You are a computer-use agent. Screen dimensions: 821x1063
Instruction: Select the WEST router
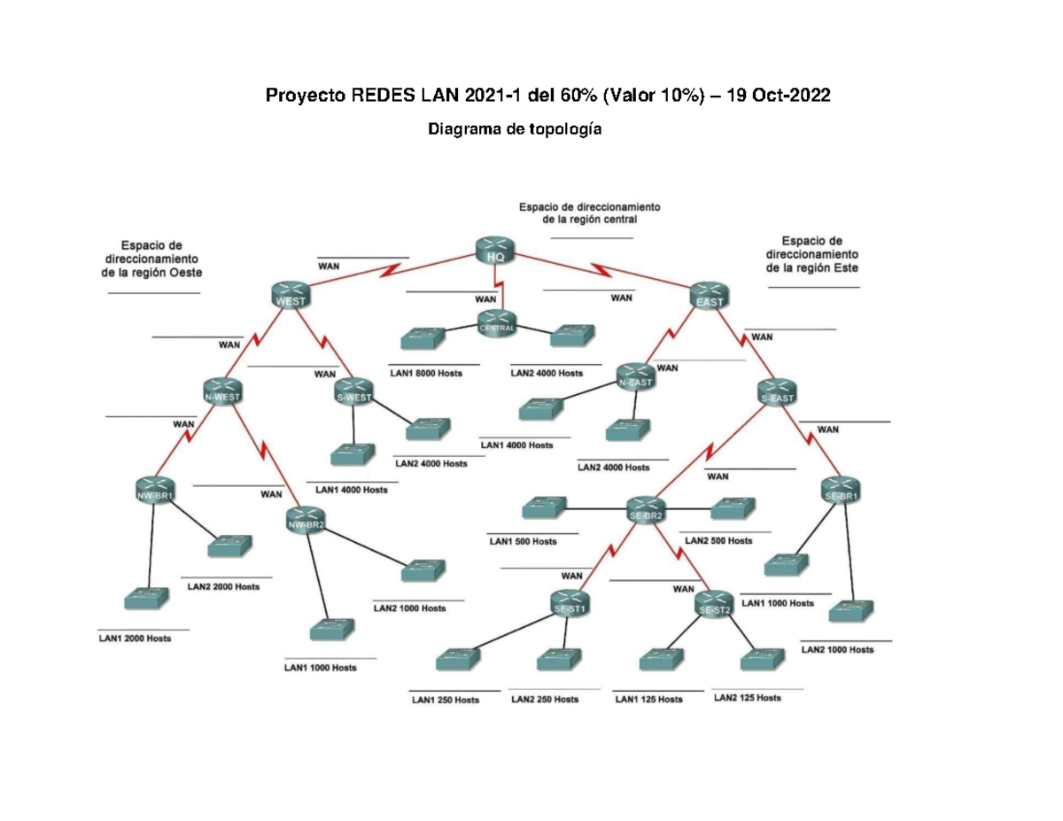[292, 296]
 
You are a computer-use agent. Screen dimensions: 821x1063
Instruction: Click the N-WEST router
[222, 391]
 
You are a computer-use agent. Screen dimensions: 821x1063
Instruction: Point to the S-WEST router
[353, 391]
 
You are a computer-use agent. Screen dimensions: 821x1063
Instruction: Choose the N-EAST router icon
[636, 376]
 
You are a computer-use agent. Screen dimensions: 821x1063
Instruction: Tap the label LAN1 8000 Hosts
[425, 374]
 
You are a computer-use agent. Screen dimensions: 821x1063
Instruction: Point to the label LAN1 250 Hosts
[446, 700]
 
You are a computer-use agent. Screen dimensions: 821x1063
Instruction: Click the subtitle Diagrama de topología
[515, 130]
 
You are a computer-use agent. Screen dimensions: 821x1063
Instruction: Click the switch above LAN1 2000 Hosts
[144, 599]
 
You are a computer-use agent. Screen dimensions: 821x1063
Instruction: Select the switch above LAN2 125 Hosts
[762, 660]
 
